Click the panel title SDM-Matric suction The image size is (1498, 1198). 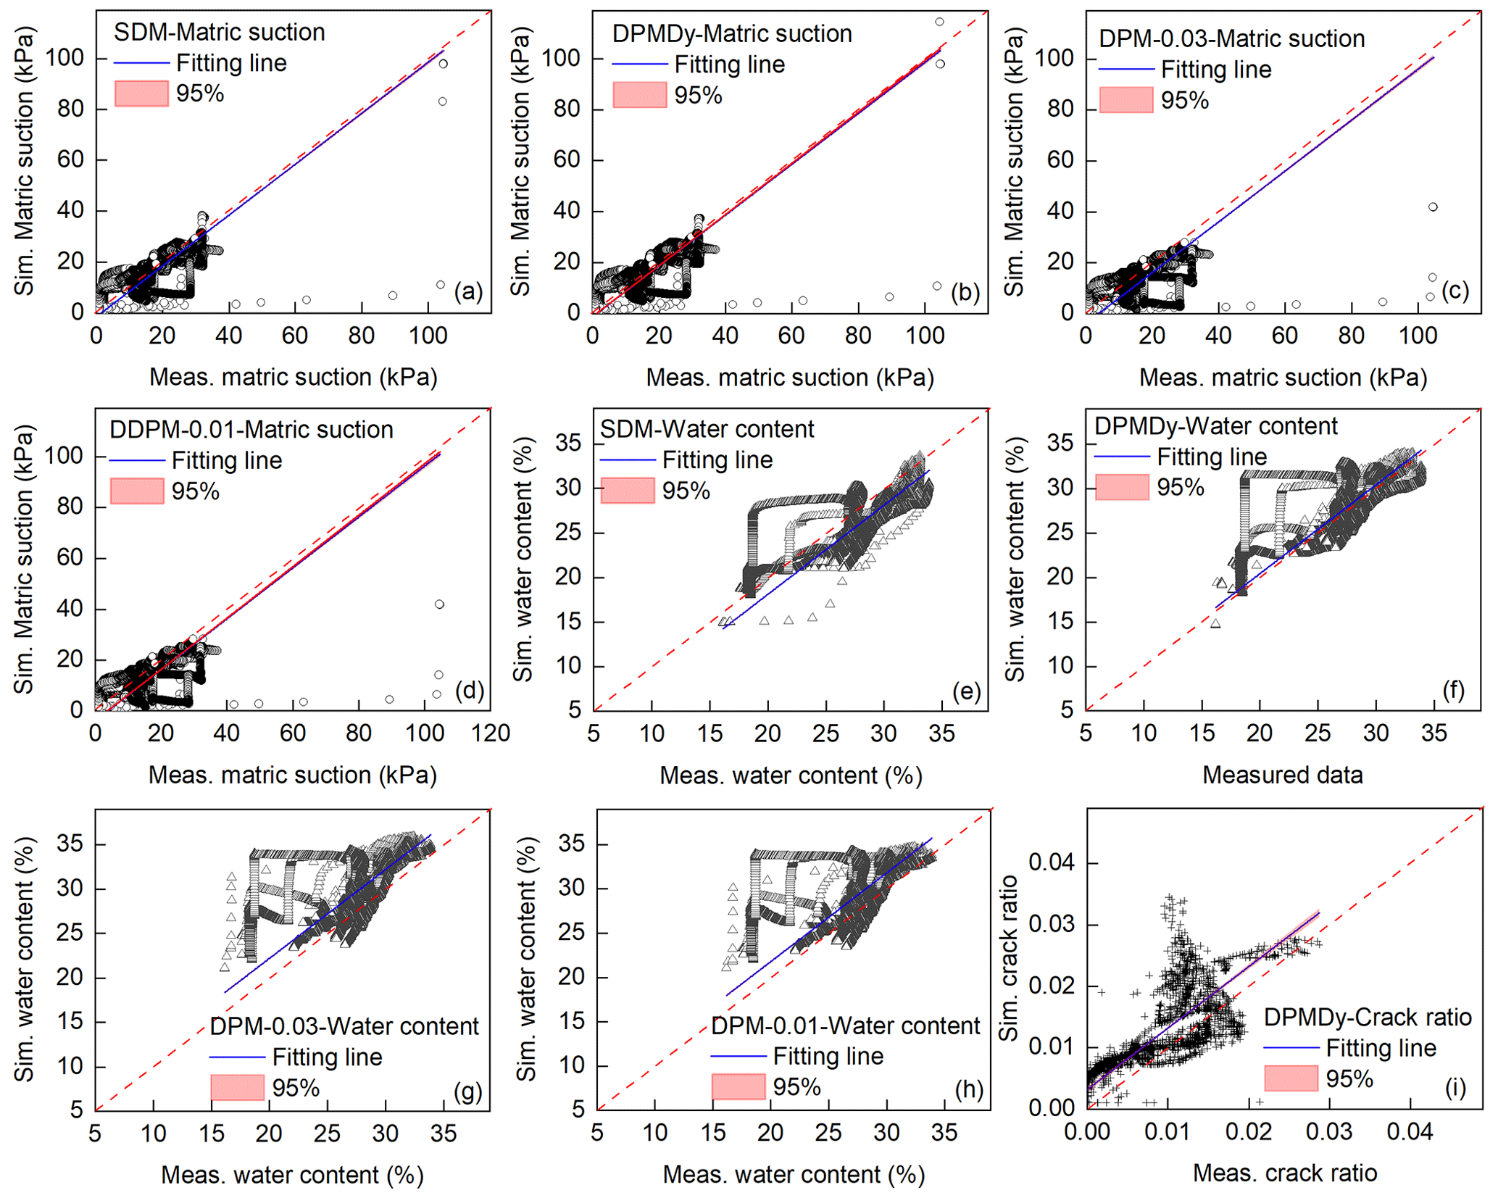219,33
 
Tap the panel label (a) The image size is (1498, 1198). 468,291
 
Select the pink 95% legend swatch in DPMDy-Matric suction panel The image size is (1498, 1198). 639,95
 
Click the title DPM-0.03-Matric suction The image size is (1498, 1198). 1231,38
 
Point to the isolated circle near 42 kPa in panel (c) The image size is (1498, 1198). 1432,207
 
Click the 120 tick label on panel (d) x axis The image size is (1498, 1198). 491,733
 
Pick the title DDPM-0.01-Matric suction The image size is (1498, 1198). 251,430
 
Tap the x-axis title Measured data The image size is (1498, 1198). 1282,775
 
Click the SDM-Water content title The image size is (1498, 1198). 707,429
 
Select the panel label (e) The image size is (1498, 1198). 966,691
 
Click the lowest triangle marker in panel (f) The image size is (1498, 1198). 1215,623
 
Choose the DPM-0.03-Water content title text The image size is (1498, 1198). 344,1026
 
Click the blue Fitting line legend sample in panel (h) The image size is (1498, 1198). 738,1057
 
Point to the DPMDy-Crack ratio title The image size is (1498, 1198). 1367,1018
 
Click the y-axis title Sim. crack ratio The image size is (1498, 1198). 1008,958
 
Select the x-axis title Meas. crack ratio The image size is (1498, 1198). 1284,1173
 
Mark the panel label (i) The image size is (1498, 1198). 1455,1088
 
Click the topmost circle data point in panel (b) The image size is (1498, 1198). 939,22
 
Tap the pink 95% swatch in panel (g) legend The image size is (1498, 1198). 237,1088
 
